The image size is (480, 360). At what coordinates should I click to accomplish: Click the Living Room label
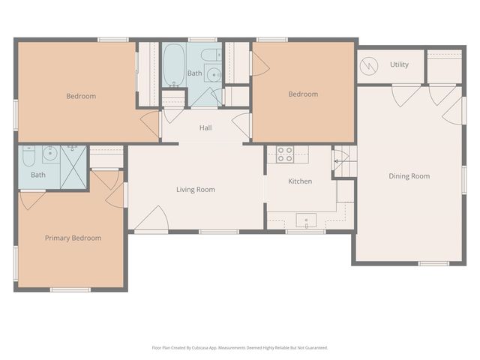196,190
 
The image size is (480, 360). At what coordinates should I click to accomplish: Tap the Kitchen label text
300,181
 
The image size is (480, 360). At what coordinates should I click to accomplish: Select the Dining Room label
409,176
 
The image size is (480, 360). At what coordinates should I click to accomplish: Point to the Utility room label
399,64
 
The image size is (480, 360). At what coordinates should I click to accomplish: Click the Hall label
205,127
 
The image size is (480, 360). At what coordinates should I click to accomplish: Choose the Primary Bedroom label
73,238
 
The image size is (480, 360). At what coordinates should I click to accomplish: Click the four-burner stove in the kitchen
285,154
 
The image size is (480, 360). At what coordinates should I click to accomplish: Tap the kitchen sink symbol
306,220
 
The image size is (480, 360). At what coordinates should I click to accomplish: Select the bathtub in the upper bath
174,64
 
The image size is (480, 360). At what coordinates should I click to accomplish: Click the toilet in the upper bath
213,55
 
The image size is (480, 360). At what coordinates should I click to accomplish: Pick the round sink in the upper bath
213,73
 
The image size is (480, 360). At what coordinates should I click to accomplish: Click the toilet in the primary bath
28,156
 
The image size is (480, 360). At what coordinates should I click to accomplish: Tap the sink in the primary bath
50,154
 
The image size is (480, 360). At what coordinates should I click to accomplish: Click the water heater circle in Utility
369,66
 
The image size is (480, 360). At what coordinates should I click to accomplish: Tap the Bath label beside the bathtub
195,73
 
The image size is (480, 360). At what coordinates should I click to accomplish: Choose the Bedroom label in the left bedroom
81,96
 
